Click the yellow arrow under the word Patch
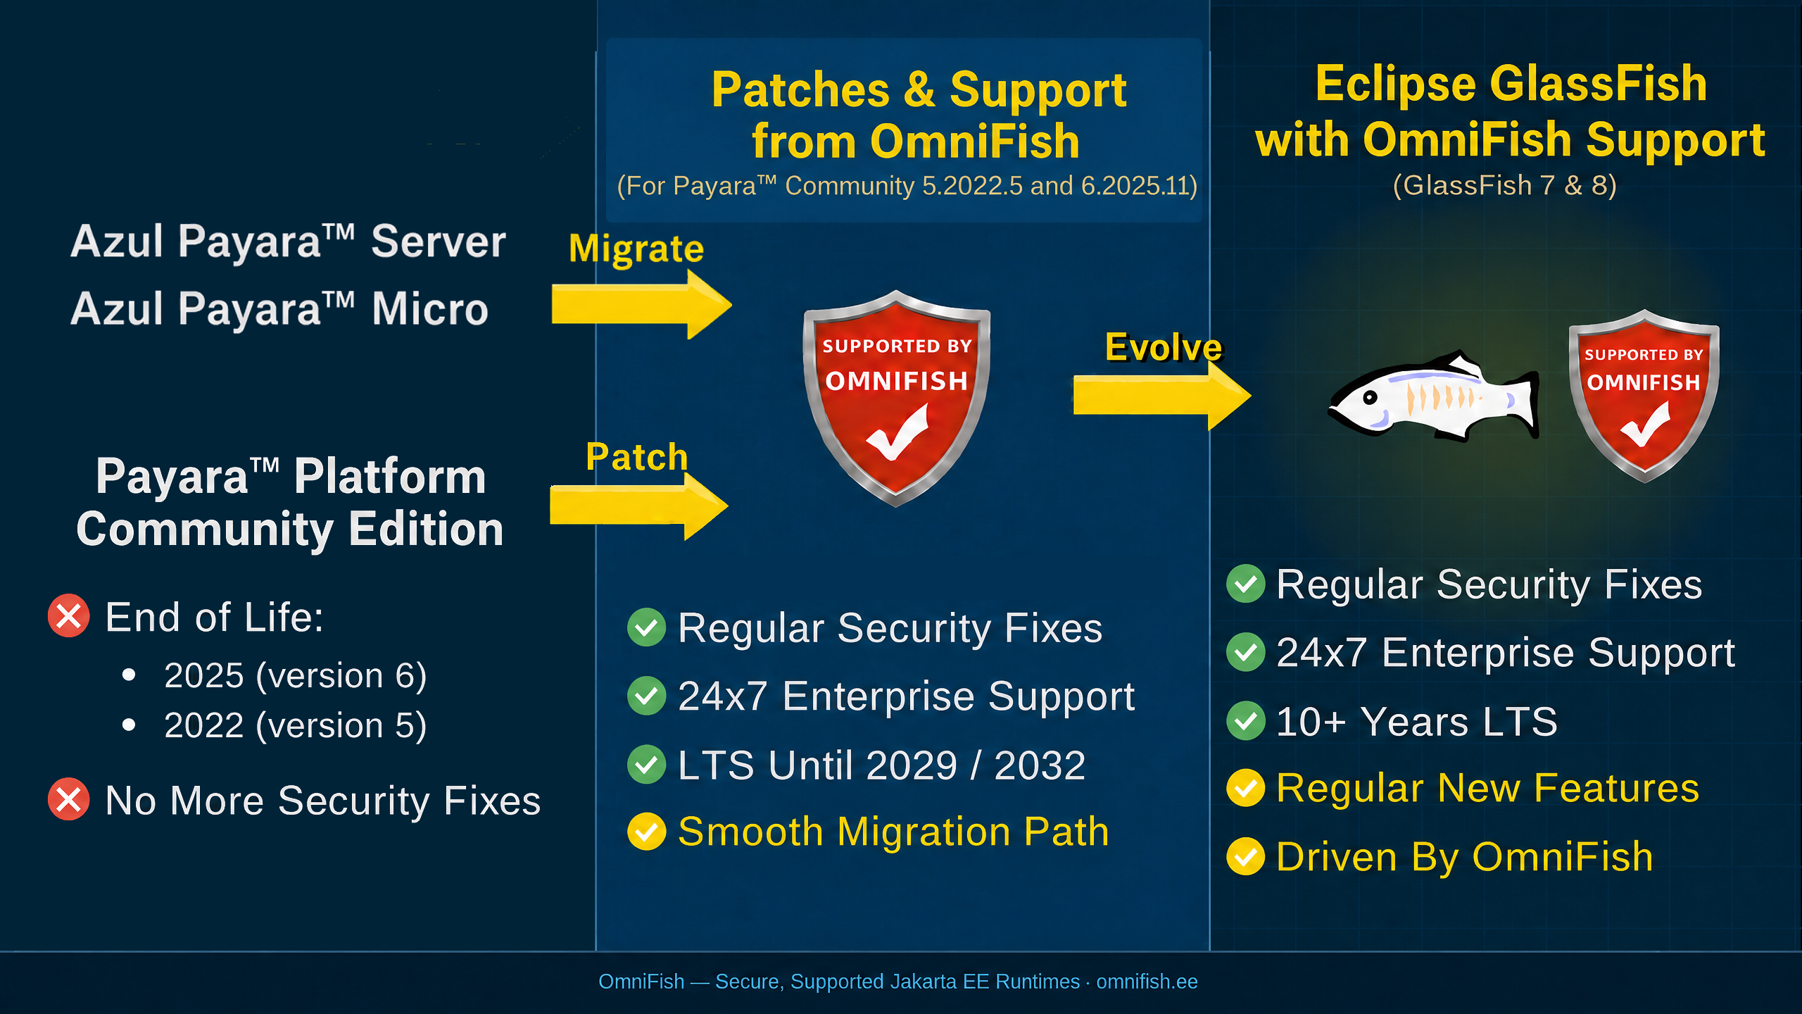pos(639,506)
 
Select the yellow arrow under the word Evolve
pos(1162,395)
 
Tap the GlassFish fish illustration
pos(1433,396)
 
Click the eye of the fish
pos(1370,397)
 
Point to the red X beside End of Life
pos(69,616)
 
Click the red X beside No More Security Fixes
pos(69,799)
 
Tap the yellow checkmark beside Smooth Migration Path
pos(646,832)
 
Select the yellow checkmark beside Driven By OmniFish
pos(1246,856)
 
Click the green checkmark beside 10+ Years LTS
pos(1246,721)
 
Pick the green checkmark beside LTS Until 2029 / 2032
pos(646,765)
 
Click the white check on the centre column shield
pos(897,432)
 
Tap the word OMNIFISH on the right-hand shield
pos(1643,382)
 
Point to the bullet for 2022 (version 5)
pos(128,725)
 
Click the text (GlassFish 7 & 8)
pos(1505,185)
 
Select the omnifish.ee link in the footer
pos(1147,981)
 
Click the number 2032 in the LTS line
pos(1040,765)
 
